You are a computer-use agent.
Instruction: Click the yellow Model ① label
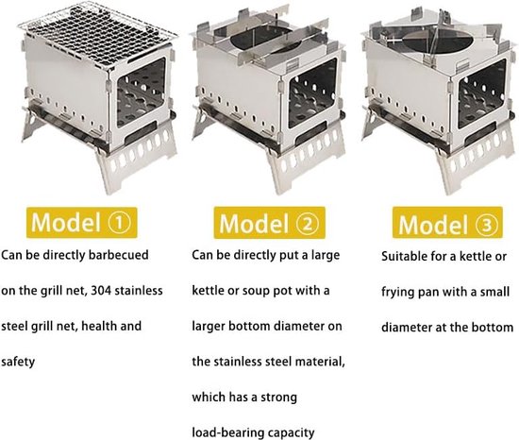click(x=82, y=222)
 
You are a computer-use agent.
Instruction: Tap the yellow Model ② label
click(x=269, y=223)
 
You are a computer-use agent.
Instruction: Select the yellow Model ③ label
click(x=447, y=223)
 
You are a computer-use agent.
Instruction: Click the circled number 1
click(x=119, y=222)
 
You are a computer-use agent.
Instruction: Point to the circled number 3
click(x=486, y=225)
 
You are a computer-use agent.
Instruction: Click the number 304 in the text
click(x=102, y=291)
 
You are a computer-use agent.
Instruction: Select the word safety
click(x=18, y=362)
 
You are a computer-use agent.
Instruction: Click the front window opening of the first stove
click(x=142, y=93)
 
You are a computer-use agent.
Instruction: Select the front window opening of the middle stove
click(x=312, y=93)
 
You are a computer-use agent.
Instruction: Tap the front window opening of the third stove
click(x=482, y=94)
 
